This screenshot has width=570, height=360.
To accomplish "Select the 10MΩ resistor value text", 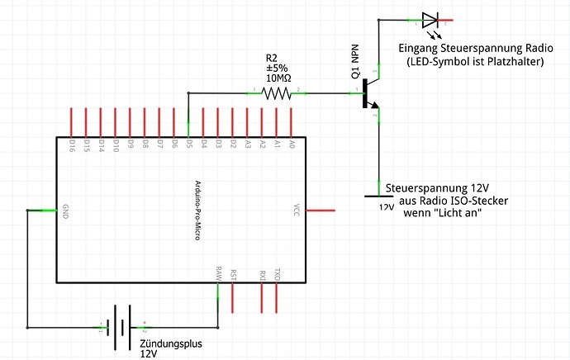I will pos(278,78).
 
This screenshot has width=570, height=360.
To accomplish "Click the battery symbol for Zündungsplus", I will pos(121,326).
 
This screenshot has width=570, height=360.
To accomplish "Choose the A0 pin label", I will pos(292,145).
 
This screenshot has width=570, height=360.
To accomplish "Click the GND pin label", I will pos(66,211).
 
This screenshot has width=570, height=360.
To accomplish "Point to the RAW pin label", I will pos(218,273).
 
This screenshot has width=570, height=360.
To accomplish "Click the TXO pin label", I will pos(277,273).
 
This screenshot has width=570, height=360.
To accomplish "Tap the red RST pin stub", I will pos(233,297).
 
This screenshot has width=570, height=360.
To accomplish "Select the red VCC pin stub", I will pos(321,211).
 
